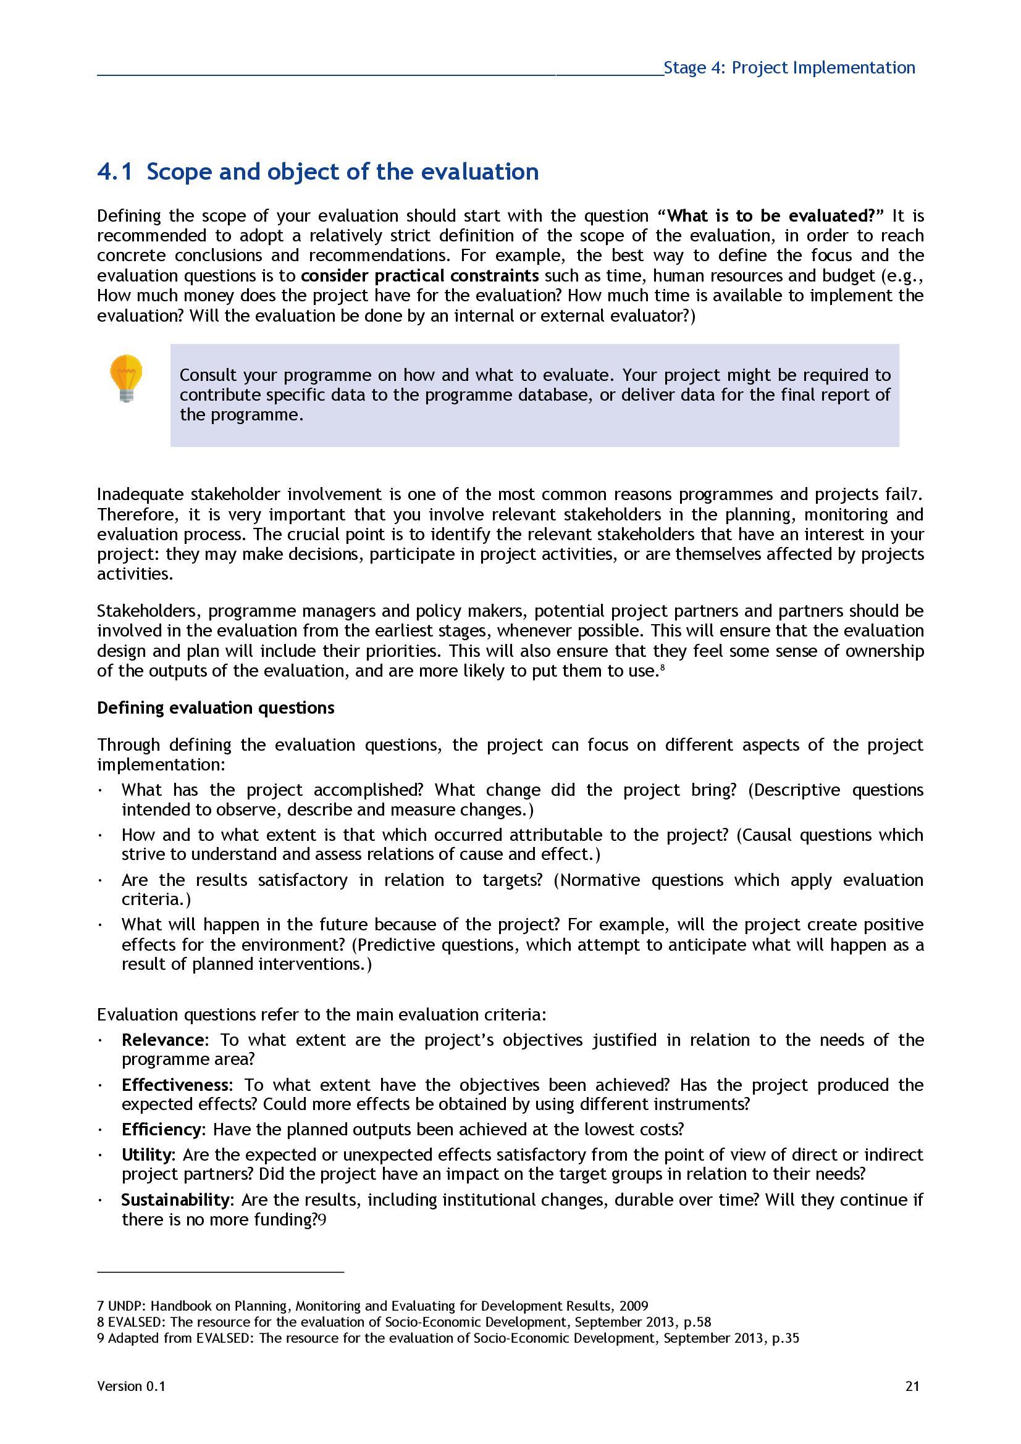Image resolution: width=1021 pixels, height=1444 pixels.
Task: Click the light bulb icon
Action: pyautogui.click(x=126, y=377)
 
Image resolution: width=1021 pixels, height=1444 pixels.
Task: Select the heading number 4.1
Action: pyautogui.click(x=114, y=172)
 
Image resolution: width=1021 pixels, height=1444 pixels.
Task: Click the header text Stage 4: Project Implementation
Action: pyautogui.click(x=789, y=68)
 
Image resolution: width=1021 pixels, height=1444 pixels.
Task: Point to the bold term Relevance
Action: pyautogui.click(x=162, y=1040)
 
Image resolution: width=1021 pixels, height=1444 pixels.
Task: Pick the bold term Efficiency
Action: pyautogui.click(x=162, y=1129)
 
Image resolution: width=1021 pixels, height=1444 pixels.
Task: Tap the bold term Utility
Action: pyautogui.click(x=146, y=1154)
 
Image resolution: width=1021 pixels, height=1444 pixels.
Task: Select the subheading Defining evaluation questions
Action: pyautogui.click(x=216, y=707)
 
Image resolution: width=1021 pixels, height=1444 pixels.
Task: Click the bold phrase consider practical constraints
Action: pyautogui.click(x=419, y=275)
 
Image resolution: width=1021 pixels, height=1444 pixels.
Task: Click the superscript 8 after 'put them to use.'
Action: pyautogui.click(x=662, y=668)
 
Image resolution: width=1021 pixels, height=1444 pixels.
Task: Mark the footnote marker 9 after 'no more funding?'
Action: pyautogui.click(x=322, y=1220)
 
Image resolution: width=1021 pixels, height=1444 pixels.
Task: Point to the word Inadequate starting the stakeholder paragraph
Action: pyautogui.click(x=141, y=495)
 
